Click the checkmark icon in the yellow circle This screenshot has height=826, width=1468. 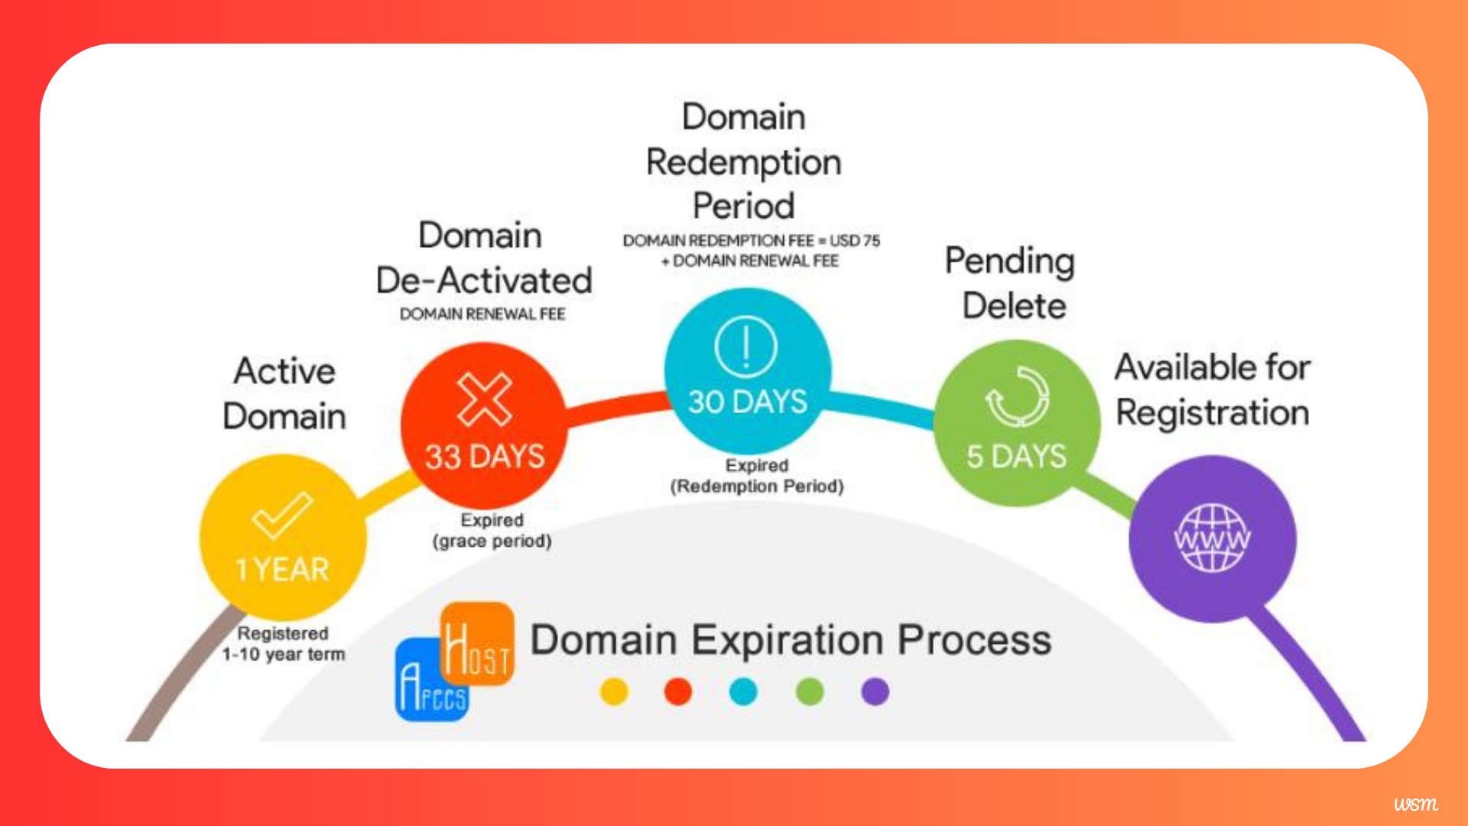[281, 515]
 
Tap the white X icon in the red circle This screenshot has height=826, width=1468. [485, 399]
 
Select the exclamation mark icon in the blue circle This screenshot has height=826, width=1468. [746, 346]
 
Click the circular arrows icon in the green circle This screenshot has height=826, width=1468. [1017, 396]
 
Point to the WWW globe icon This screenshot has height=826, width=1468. [1212, 538]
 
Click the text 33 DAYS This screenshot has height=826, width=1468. [485, 457]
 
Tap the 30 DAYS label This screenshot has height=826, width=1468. [747, 402]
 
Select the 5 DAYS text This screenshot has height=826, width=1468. [1016, 457]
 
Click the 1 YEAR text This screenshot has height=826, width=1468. [282, 570]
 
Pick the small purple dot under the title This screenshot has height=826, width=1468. [875, 691]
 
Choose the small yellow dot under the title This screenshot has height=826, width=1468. [614, 691]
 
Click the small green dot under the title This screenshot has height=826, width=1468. [810, 691]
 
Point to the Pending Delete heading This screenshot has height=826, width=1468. [1011, 283]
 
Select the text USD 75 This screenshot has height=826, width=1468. [855, 240]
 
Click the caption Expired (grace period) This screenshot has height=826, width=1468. [492, 530]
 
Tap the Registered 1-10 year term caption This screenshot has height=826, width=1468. [283, 643]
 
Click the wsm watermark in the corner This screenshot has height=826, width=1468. [1415, 804]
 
